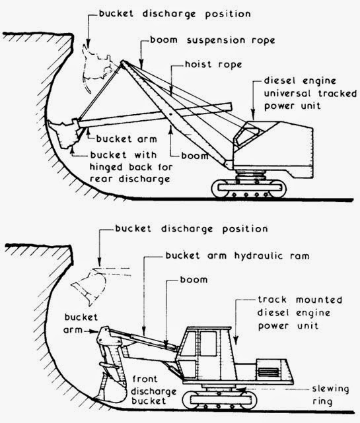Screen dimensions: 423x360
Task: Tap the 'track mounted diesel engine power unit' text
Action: (x=305, y=313)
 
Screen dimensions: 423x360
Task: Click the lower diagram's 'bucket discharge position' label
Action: (x=181, y=229)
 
